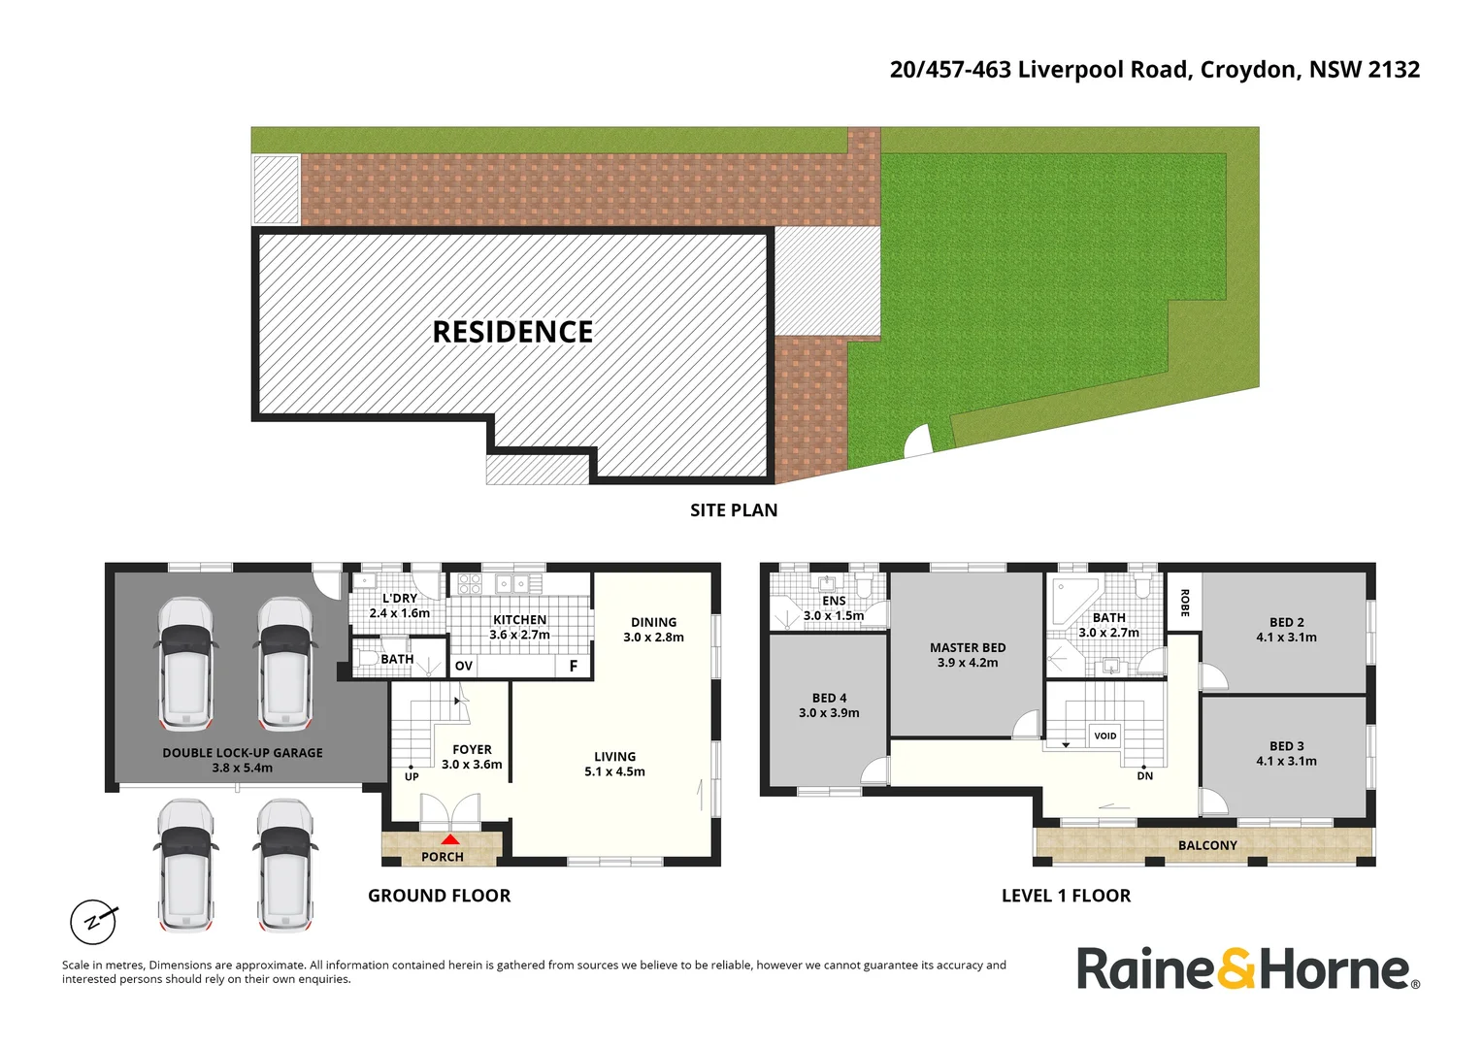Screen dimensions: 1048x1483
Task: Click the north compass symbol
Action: pyautogui.click(x=93, y=921)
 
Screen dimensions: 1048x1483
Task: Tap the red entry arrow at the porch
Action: pyautogui.click(x=450, y=839)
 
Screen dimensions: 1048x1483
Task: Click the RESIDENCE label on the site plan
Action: pyautogui.click(x=512, y=332)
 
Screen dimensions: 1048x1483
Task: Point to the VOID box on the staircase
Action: pyautogui.click(x=1105, y=736)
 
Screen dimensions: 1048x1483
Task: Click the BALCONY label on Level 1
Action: pyautogui.click(x=1207, y=845)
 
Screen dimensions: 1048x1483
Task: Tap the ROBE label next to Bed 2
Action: pyautogui.click(x=1184, y=603)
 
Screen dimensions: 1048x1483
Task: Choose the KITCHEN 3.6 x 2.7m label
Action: pyautogui.click(x=519, y=627)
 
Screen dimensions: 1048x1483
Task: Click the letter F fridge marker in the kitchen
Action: pyautogui.click(x=574, y=666)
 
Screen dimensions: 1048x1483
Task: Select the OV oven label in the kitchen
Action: pyautogui.click(x=464, y=666)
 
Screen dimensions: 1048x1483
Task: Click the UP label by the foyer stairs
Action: pyautogui.click(x=412, y=776)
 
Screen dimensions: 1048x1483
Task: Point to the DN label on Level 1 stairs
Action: pyautogui.click(x=1145, y=775)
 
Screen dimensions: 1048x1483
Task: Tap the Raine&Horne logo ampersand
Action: pyautogui.click(x=1236, y=968)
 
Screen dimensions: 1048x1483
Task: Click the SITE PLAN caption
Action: pyautogui.click(x=734, y=510)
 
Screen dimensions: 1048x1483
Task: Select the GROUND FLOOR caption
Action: pyautogui.click(x=439, y=896)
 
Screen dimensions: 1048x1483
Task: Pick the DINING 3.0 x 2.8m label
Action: pyautogui.click(x=653, y=630)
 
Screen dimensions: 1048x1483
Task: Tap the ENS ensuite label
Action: pyautogui.click(x=834, y=601)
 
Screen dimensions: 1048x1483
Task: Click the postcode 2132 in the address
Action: pyautogui.click(x=1394, y=70)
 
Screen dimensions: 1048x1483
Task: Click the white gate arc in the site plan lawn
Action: pyautogui.click(x=917, y=443)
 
